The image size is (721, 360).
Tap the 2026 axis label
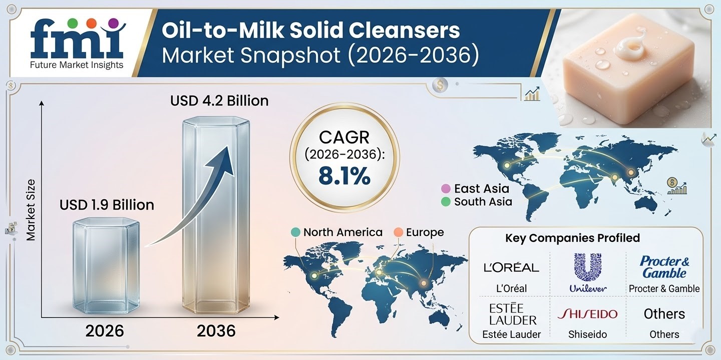pos(104,331)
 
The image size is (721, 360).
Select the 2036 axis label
pos(216,331)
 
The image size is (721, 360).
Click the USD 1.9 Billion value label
pos(107,205)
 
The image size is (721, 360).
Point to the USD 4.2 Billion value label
pos(219,100)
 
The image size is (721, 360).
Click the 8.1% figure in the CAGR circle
pos(344,176)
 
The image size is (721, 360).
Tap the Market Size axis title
pos(31,209)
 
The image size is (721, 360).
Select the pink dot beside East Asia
pos(445,188)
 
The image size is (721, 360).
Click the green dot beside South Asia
pos(445,202)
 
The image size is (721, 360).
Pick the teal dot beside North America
pos(295,232)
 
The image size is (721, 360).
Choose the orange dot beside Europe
pos(398,232)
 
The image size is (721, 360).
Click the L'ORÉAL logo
pos(511,267)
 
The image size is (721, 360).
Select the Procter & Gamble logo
pos(664,267)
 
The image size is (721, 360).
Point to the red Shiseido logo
pos(588,314)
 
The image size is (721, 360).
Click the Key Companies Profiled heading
pos(572,238)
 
